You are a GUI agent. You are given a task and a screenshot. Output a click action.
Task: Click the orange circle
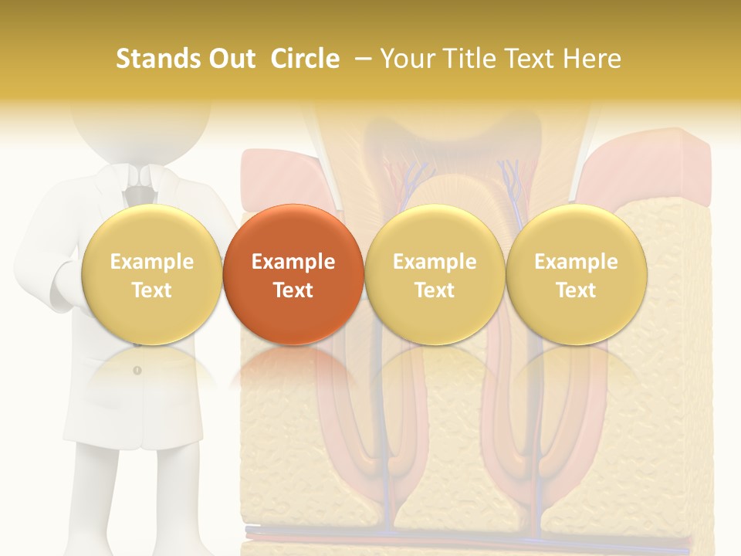[x=293, y=274]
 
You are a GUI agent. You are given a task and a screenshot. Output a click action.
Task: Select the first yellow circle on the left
[x=151, y=274]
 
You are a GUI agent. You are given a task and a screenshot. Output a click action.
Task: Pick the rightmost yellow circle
[x=576, y=274]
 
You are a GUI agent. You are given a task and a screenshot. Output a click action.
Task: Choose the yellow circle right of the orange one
[x=435, y=274]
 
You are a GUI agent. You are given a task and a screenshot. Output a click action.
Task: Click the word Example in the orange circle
[x=293, y=262]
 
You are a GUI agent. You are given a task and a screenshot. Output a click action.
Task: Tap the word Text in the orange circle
[x=293, y=290]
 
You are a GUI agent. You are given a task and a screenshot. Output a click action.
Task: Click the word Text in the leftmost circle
[x=151, y=290]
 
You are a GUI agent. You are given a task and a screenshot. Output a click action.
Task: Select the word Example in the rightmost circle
[x=576, y=262]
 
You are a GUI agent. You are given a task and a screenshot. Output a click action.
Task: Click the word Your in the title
[x=408, y=59]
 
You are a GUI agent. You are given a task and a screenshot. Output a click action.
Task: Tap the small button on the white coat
[x=137, y=371]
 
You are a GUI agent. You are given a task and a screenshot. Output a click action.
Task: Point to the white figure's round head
[x=139, y=127]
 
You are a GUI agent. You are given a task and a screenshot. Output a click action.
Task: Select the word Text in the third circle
[x=435, y=290]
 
